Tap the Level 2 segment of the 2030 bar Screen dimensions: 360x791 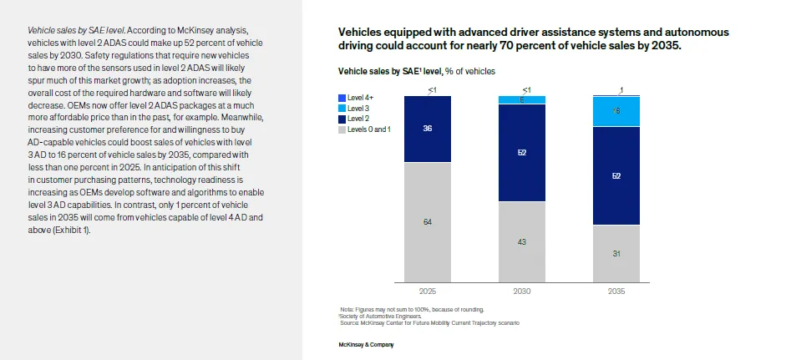[522, 153]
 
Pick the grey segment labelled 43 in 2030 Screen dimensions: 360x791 [522, 241]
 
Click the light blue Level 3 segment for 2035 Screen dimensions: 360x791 [616, 111]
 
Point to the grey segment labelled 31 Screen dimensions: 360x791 [616, 253]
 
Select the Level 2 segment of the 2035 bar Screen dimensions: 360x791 [616, 175]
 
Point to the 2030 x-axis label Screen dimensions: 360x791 [522, 292]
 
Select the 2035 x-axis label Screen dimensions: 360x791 [616, 292]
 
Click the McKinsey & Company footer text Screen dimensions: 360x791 [366, 344]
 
